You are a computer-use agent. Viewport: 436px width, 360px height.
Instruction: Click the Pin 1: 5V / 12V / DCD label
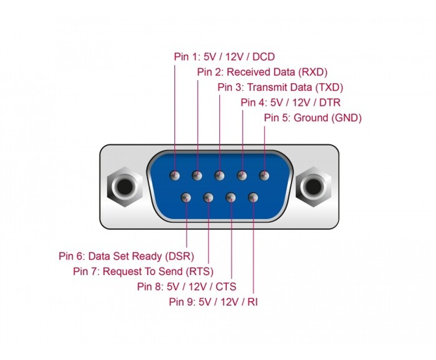[224, 57]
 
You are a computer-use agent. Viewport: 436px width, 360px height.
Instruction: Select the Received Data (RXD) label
[262, 72]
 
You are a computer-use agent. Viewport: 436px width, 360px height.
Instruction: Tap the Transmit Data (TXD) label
[280, 87]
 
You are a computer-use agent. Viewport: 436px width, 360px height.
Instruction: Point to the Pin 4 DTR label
[290, 102]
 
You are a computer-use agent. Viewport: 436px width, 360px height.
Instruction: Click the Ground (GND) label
[313, 118]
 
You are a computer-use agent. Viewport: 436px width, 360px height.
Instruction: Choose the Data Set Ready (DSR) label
[126, 256]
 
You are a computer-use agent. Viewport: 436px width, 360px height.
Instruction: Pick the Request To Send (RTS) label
[143, 271]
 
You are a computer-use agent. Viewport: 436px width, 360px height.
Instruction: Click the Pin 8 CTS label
[186, 286]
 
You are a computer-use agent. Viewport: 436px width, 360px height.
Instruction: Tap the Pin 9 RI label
[213, 302]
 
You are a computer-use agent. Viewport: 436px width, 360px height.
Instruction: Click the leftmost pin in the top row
[175, 176]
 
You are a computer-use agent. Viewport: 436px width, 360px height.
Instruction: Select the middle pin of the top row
[219, 176]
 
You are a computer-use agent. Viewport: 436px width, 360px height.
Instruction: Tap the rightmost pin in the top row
[264, 176]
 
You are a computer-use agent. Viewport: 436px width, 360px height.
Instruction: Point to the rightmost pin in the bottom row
[253, 198]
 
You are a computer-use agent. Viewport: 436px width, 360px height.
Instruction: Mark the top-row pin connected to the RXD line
[197, 176]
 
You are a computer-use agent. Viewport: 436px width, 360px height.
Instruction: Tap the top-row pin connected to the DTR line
[242, 176]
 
